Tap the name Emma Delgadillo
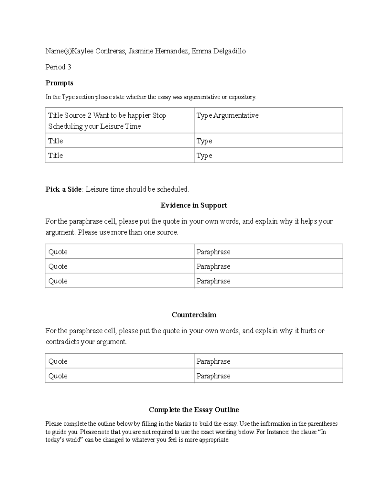(219, 51)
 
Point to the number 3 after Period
(69, 67)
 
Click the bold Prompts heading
(59, 83)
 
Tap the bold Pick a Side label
(63, 189)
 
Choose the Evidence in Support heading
(194, 205)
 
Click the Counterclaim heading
(194, 315)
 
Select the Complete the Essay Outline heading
(194, 410)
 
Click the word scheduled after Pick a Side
(173, 189)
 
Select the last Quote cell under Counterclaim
(58, 376)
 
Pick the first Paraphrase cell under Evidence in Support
(213, 252)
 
